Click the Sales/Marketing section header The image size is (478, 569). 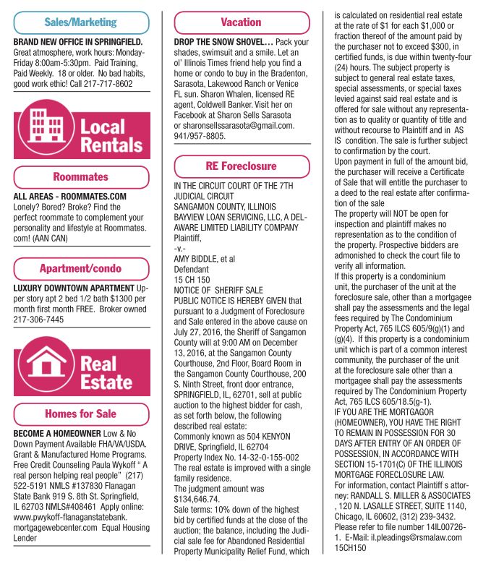[x=82, y=22]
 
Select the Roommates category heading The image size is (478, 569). [x=81, y=177]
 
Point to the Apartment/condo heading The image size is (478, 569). [x=81, y=268]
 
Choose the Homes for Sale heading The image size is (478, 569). [x=81, y=414]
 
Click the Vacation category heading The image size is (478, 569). [x=242, y=22]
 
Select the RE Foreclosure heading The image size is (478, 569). [x=242, y=166]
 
